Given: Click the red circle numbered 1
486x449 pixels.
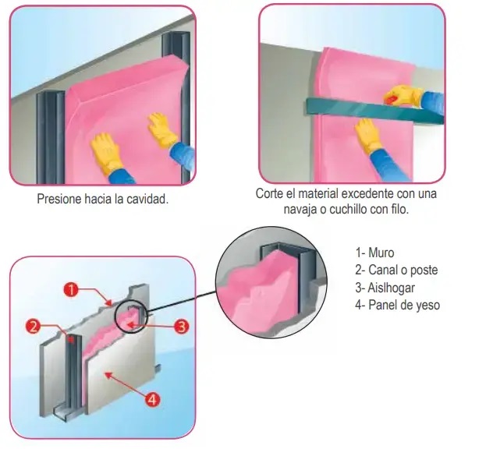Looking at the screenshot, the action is (71, 290).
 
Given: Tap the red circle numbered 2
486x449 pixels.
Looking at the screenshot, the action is (34, 326).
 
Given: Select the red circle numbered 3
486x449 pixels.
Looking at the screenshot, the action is (181, 326).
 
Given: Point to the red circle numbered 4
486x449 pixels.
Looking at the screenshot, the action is (152, 400).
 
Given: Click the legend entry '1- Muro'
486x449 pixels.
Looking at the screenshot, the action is (374, 253).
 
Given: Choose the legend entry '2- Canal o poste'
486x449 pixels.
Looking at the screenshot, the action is (396, 270).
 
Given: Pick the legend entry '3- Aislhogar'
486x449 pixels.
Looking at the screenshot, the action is (385, 288).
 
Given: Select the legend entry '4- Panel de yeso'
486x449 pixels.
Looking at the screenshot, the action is (397, 305).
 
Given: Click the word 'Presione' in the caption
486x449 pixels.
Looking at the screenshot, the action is (59, 199).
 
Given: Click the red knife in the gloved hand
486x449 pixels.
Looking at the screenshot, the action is (392, 99).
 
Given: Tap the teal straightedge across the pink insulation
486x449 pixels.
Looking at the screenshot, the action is (374, 110).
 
